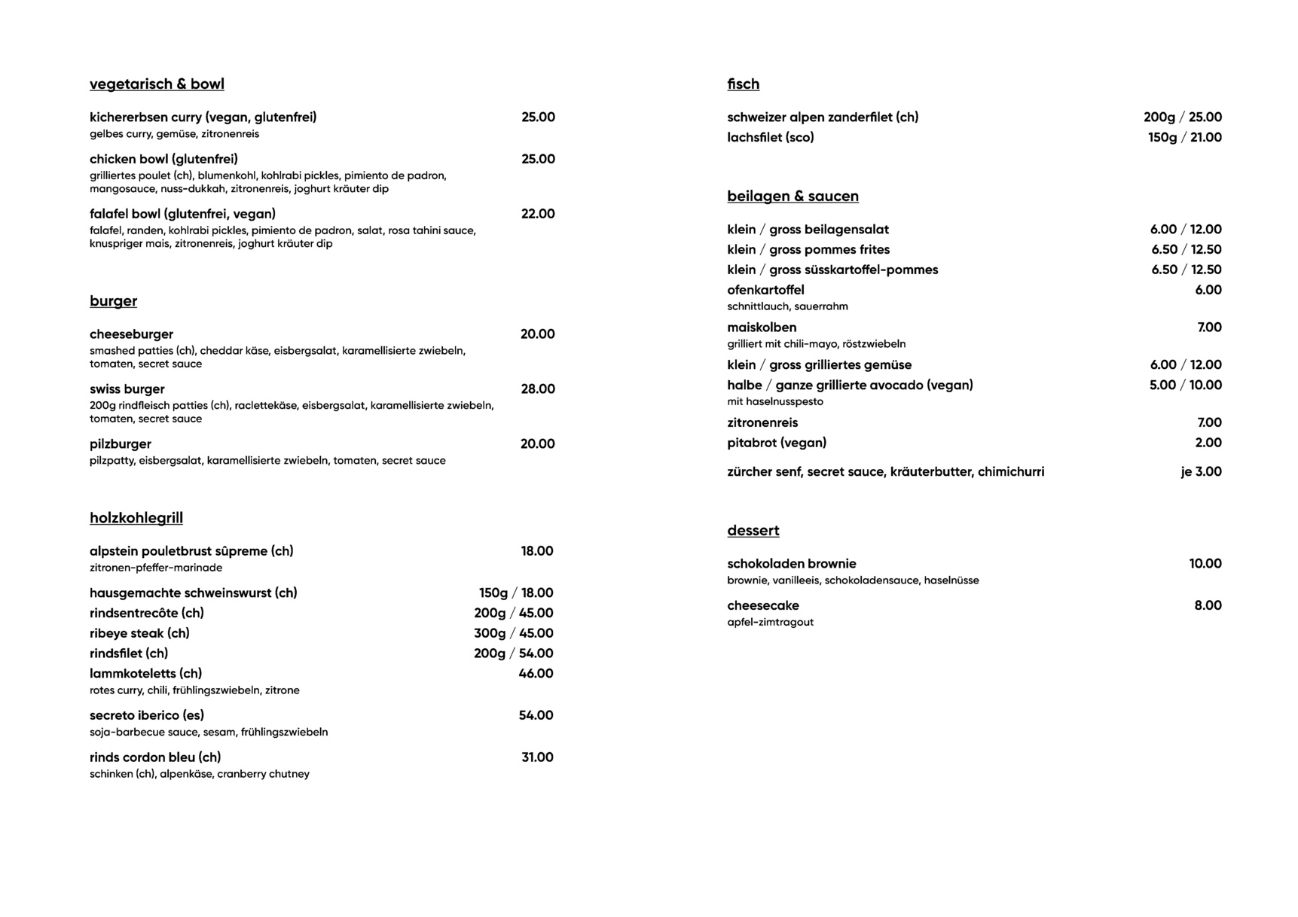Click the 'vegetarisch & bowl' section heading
pyautogui.click(x=157, y=84)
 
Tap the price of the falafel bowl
pyautogui.click(x=538, y=214)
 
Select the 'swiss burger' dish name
pyautogui.click(x=127, y=389)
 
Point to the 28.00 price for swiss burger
pyautogui.click(x=538, y=389)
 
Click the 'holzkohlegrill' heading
pyautogui.click(x=136, y=518)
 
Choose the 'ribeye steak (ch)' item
pyautogui.click(x=139, y=633)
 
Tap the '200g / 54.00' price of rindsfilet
pyautogui.click(x=514, y=653)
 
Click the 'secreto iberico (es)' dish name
pyautogui.click(x=147, y=715)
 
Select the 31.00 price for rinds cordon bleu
pyautogui.click(x=537, y=757)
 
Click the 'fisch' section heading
pyautogui.click(x=743, y=84)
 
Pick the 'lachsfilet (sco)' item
pyautogui.click(x=771, y=138)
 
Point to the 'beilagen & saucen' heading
pyautogui.click(x=793, y=196)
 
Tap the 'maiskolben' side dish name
pyautogui.click(x=762, y=327)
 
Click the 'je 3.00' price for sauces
pyautogui.click(x=1201, y=472)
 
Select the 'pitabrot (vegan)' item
pyautogui.click(x=777, y=443)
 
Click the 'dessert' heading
pyautogui.click(x=753, y=531)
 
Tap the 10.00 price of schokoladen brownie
pyautogui.click(x=1205, y=564)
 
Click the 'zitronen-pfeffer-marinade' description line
pyautogui.click(x=156, y=568)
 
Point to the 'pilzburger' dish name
pyautogui.click(x=121, y=444)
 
